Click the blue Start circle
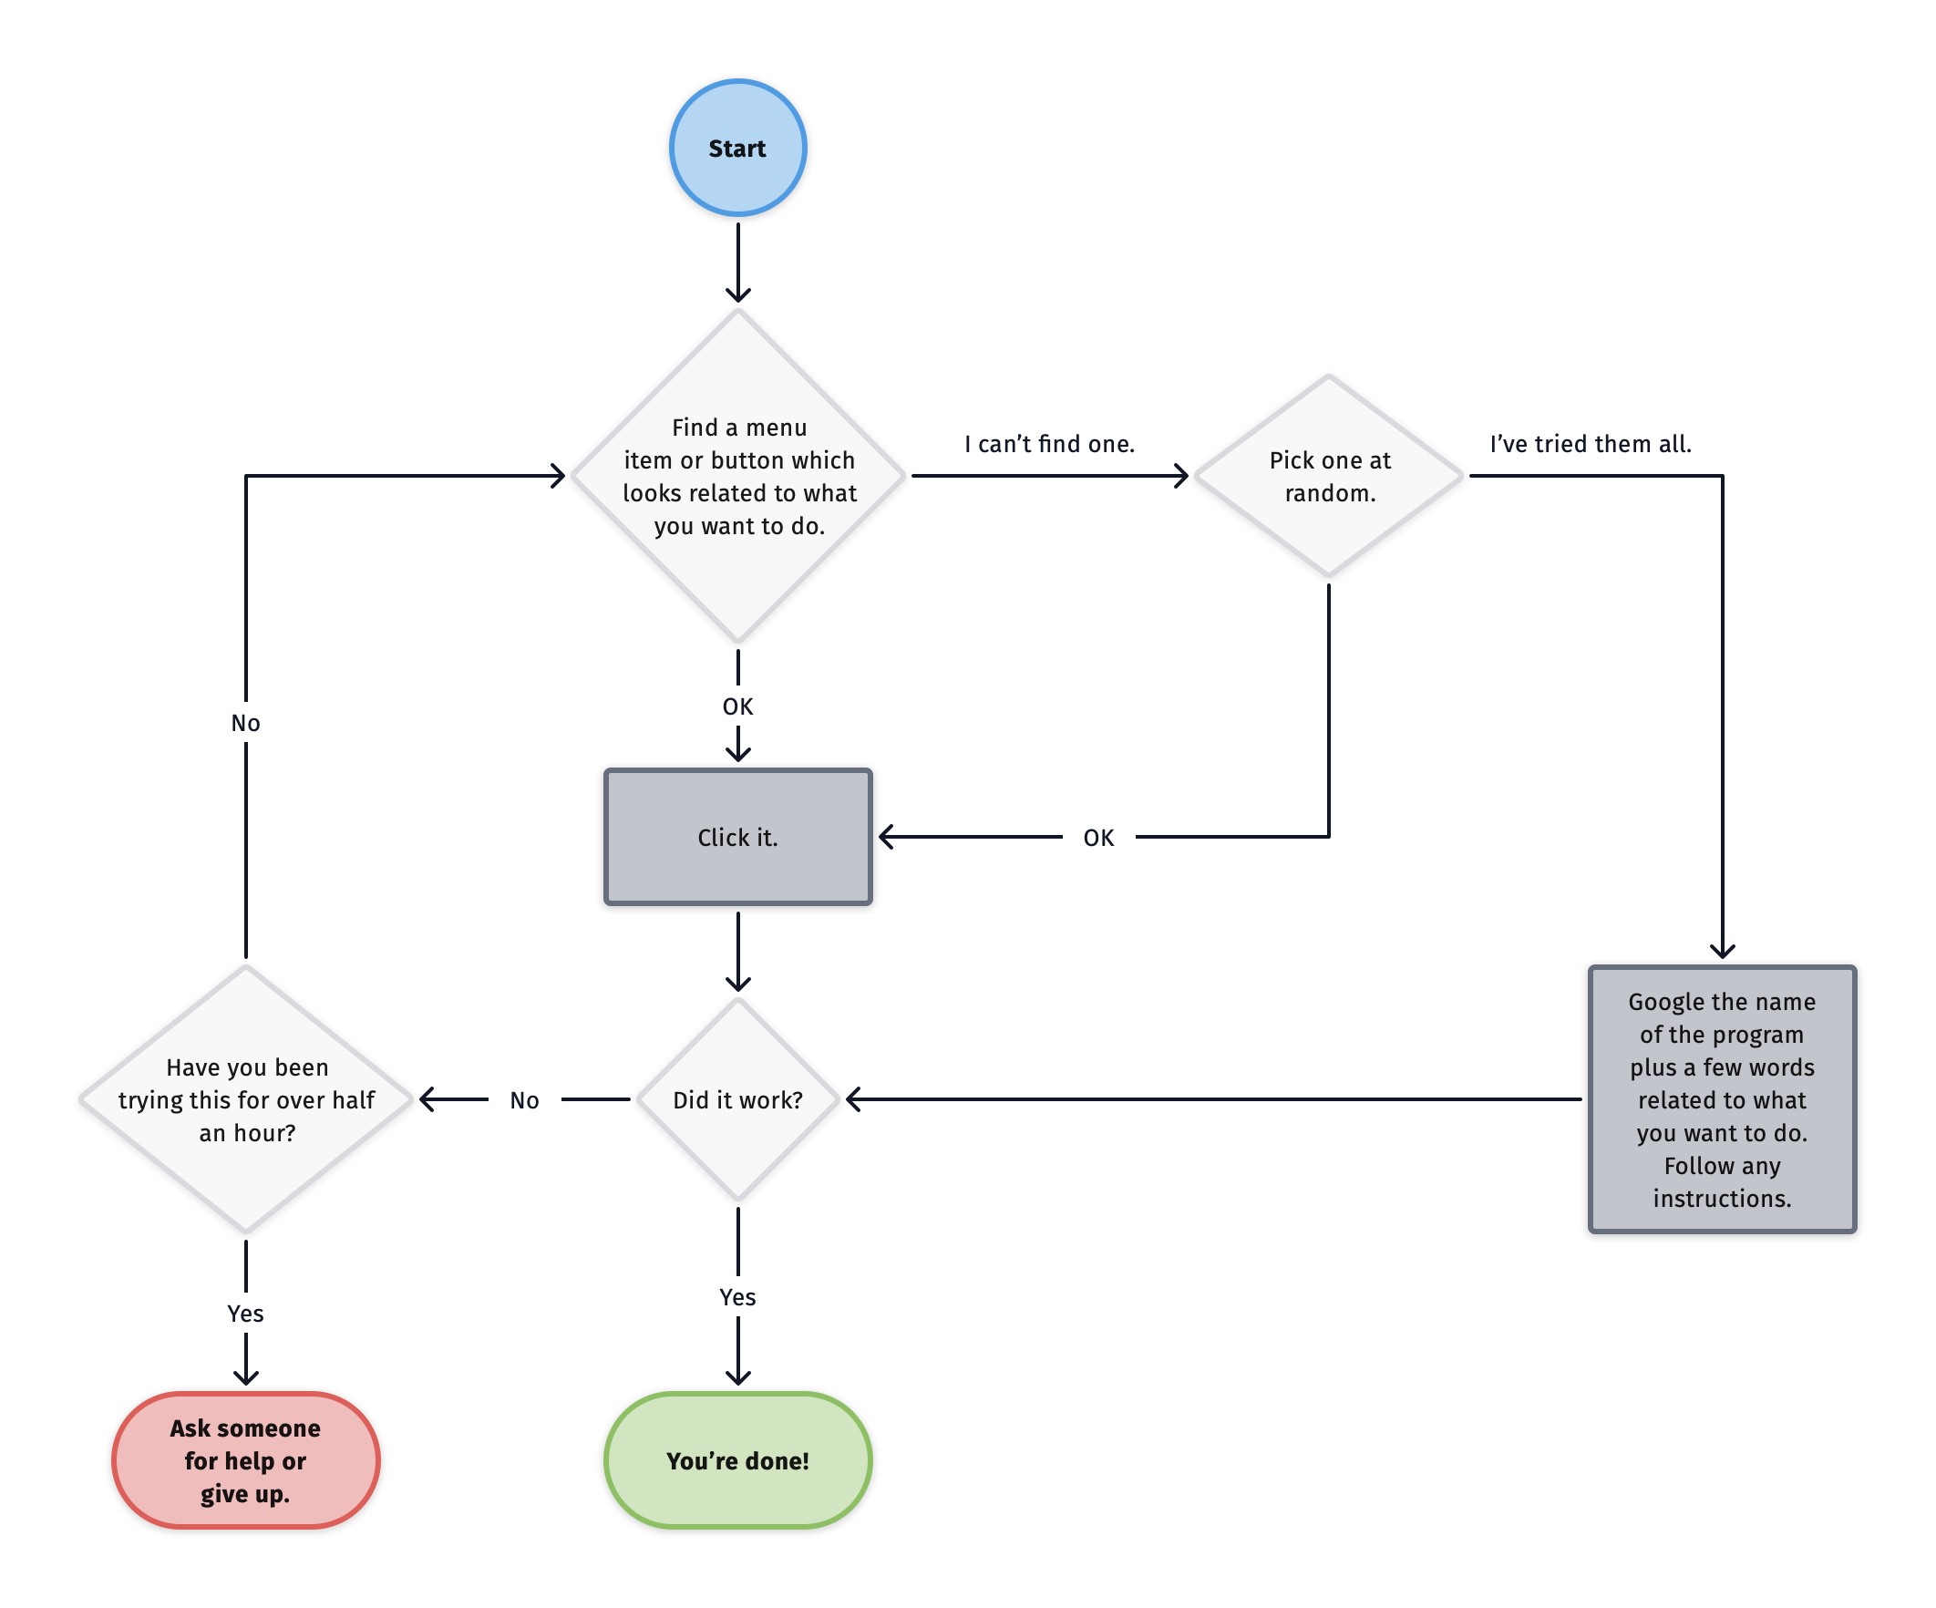pos(737,148)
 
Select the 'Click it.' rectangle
pos(737,836)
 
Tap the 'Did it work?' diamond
pos(737,1099)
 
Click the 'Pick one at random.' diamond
pos(1328,476)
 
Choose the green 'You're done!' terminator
pos(737,1459)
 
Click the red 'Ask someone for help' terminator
pos(245,1459)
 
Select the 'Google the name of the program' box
pos(1721,1099)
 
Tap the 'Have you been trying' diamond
pos(245,1099)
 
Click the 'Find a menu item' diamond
pos(737,476)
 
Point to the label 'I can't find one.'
pos(1049,444)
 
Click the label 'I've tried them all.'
pos(1591,444)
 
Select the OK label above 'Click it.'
pos(737,706)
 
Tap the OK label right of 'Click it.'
pos(1098,837)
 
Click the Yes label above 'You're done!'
pos(737,1296)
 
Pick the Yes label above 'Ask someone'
pos(245,1313)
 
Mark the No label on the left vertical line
pos(245,723)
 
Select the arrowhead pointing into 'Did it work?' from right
pos(854,1099)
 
